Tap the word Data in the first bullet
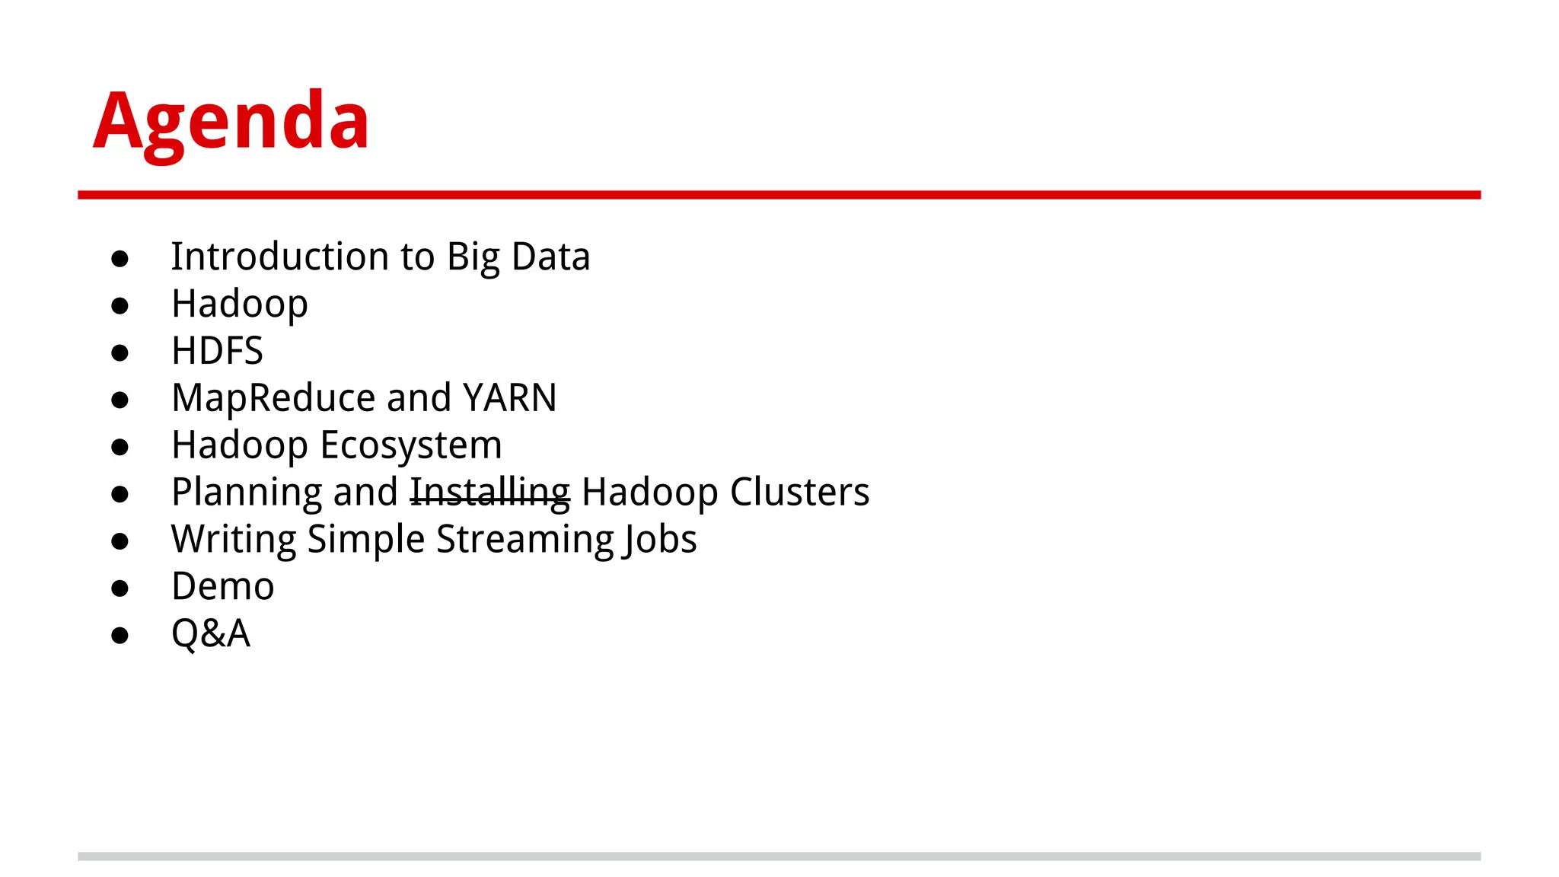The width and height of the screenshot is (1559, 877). [x=550, y=257]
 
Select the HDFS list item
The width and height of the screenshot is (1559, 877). [x=217, y=351]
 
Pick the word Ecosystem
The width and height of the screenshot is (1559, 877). [x=411, y=445]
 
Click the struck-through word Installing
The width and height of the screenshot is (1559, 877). [x=490, y=493]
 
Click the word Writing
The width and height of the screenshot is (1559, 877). [x=233, y=540]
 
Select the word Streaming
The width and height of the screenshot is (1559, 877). [x=524, y=540]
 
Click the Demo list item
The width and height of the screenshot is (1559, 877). [x=222, y=587]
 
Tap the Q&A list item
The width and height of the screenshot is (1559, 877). [x=210, y=634]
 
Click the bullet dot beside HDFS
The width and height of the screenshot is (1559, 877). [x=120, y=352]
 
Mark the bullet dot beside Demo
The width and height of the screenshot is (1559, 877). [x=120, y=588]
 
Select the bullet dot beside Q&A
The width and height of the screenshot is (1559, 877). [x=120, y=636]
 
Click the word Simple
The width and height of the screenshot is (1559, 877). [x=366, y=540]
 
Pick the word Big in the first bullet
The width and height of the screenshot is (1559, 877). [x=473, y=257]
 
